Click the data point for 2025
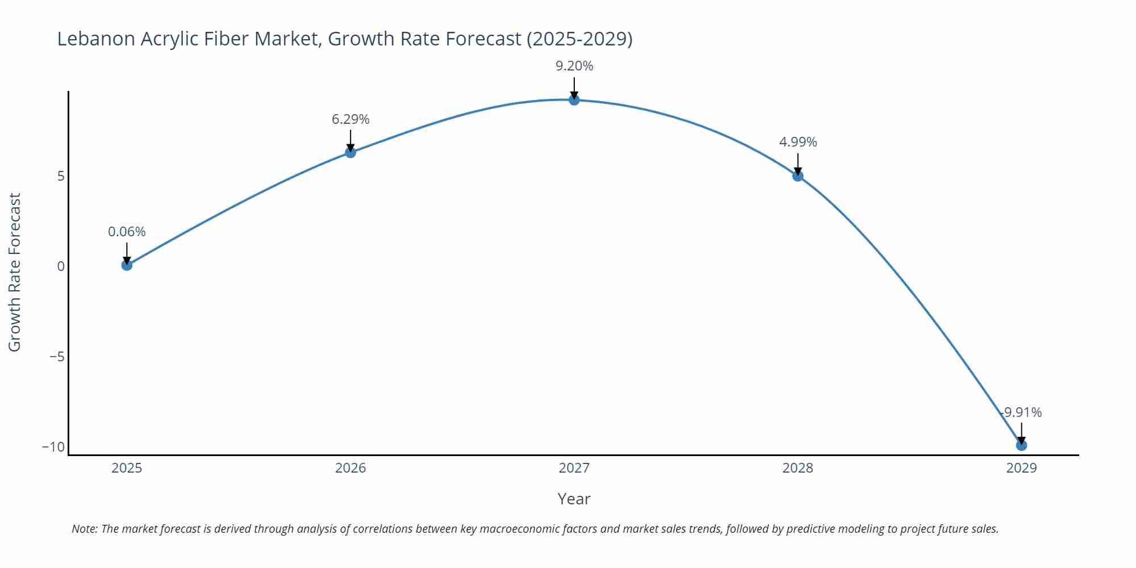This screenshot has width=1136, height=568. (127, 265)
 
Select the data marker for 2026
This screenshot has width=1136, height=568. (350, 152)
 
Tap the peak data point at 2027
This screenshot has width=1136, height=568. (574, 100)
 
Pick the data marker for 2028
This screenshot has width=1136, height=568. (797, 176)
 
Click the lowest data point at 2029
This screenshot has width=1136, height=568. (1021, 445)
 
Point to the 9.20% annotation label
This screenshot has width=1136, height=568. (574, 66)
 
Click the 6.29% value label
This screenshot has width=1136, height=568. (350, 119)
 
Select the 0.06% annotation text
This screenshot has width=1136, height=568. (127, 232)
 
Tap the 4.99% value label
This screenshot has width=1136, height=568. (797, 142)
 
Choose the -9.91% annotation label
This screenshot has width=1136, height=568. (1021, 412)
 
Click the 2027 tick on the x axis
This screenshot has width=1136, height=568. (574, 468)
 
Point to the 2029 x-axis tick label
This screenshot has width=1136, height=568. (1021, 468)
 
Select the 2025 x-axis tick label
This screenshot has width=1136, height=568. (127, 468)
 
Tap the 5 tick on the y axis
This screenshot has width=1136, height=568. (61, 176)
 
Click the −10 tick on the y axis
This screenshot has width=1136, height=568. (53, 447)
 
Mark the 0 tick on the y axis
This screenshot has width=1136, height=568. (61, 266)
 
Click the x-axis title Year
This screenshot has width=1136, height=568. (574, 499)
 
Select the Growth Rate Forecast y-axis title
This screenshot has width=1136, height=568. (15, 272)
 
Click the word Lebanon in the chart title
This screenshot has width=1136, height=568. (95, 39)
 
